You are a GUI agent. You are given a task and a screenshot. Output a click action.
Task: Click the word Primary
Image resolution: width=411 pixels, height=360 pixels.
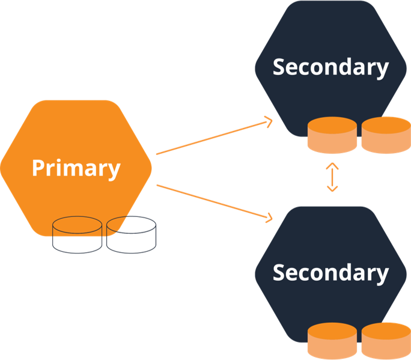coord(76,168)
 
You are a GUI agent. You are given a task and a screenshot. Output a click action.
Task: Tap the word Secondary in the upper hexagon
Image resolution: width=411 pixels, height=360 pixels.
coord(330,67)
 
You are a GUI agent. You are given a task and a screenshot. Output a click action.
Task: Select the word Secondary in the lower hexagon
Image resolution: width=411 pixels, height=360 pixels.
coord(330,272)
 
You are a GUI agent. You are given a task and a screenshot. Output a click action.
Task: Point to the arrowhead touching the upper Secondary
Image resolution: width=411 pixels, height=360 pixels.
coord(268,123)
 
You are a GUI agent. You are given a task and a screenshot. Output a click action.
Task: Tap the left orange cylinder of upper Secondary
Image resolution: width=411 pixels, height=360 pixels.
coord(332,135)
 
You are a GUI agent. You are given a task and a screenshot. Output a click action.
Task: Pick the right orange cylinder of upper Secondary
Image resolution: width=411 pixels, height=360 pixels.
coord(385,135)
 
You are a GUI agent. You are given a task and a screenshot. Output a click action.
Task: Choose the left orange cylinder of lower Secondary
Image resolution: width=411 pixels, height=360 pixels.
coord(332,341)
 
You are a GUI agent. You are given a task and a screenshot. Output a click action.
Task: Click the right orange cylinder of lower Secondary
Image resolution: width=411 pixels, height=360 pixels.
coord(385,341)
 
